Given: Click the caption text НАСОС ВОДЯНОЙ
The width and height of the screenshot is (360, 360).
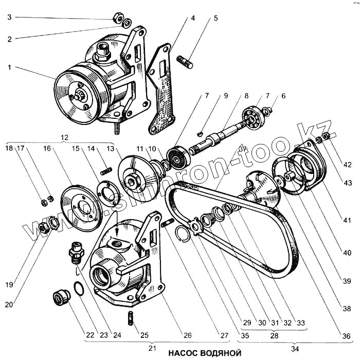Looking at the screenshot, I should (x=204, y=353).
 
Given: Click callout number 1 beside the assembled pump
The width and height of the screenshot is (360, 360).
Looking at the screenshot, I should (x=9, y=67).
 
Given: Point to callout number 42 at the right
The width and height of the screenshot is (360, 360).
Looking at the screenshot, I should (x=348, y=165).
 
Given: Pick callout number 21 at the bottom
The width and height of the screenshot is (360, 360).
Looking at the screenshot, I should (x=153, y=348).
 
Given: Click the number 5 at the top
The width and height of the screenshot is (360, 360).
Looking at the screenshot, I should (x=216, y=18).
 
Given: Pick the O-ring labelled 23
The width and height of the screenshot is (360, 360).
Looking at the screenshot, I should (x=77, y=289).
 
